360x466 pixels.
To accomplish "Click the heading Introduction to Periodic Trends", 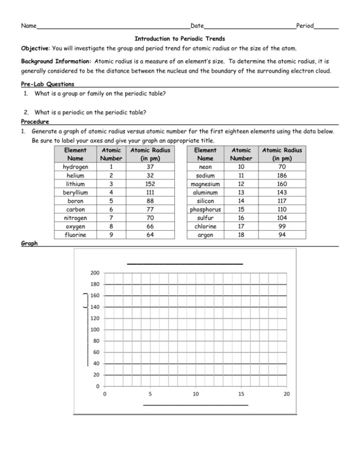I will (x=180, y=38).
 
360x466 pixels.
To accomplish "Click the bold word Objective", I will (x=36, y=49).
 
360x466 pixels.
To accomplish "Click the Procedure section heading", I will (x=35, y=121).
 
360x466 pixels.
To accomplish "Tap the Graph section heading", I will (x=30, y=243).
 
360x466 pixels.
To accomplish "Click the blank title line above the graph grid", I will (x=185, y=263).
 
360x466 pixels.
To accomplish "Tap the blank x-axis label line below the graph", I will (x=195, y=404).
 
